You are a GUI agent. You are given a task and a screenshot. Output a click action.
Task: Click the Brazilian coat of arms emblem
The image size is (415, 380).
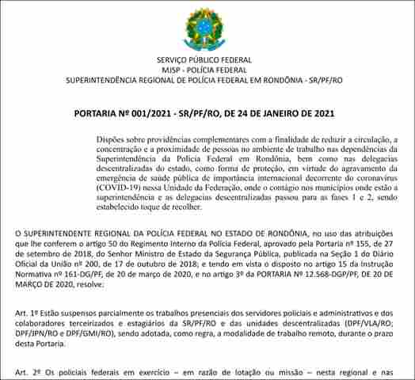point(204,28)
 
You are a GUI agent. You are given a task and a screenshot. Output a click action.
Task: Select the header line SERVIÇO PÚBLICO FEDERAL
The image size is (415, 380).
point(204,60)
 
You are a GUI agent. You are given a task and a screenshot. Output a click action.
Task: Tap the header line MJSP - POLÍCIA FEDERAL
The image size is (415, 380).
point(204,70)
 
